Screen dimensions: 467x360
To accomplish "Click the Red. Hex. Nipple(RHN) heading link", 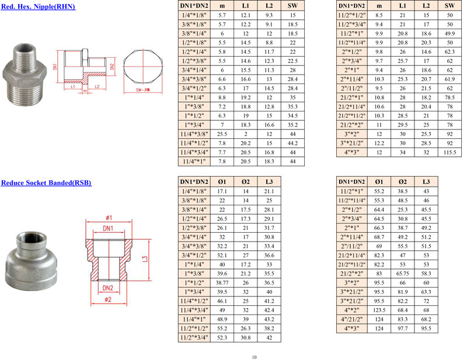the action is [38, 6].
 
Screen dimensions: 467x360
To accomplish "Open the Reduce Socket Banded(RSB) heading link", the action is [46, 183].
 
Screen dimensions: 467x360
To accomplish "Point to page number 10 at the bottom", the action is [254, 357].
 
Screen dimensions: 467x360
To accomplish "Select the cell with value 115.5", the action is [449, 152].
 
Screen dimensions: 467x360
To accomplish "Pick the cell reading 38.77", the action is [222, 282].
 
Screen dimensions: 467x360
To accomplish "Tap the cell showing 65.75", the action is [402, 273].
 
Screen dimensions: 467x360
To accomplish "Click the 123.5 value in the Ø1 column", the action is [379, 310].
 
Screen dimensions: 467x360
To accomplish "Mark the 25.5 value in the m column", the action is [222, 134].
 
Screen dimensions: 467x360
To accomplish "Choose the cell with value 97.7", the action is [402, 328].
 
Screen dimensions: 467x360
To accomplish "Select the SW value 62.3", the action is [449, 52].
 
